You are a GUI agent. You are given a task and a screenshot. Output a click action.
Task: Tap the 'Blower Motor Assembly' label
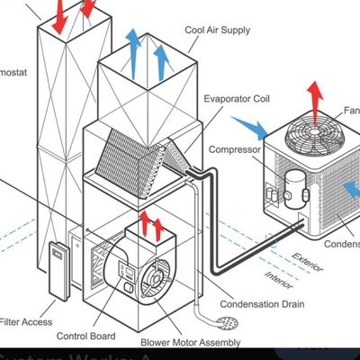click(x=190, y=342)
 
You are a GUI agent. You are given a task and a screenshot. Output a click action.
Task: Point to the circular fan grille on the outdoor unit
click(x=311, y=141)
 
